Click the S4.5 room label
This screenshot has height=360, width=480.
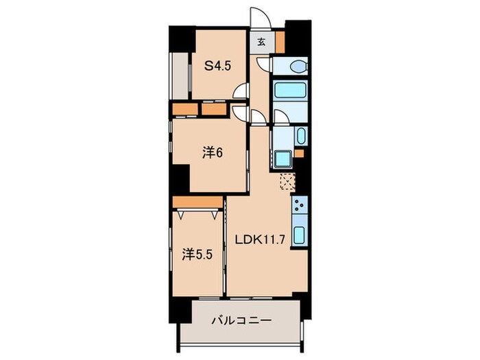pyautogui.click(x=217, y=66)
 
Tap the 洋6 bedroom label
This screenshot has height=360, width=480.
pyautogui.click(x=212, y=152)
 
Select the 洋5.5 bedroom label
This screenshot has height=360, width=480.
pyautogui.click(x=197, y=254)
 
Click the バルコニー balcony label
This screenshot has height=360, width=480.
pyautogui.click(x=242, y=320)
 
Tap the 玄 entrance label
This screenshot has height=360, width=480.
pyautogui.click(x=261, y=42)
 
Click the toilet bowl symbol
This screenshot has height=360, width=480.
pyautogui.click(x=298, y=67)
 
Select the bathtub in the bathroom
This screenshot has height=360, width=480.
pyautogui.click(x=290, y=90)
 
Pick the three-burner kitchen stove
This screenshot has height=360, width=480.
pyautogui.click(x=300, y=205)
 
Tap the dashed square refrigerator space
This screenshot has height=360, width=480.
pyautogui.click(x=288, y=182)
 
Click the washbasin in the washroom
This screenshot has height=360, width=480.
pyautogui.click(x=301, y=136)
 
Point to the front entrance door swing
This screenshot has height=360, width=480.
pyautogui.click(x=260, y=18)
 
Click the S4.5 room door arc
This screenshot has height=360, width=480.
pyautogui.click(x=240, y=91)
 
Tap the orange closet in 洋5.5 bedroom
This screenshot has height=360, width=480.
pyautogui.click(x=197, y=202)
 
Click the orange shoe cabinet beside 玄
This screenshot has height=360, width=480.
pyautogui.click(x=280, y=42)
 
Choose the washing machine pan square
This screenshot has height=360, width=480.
pyautogui.click(x=283, y=159)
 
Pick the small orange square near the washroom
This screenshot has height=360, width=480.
pyautogui.click(x=299, y=154)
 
